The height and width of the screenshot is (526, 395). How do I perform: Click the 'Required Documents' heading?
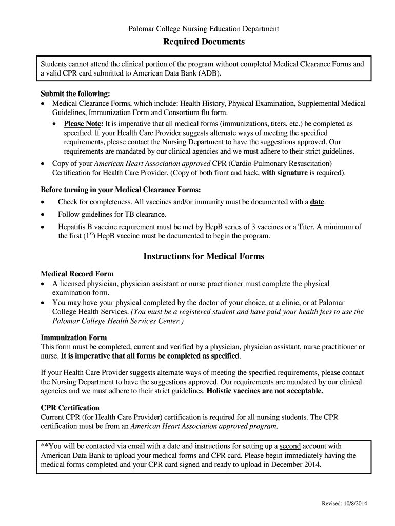click(204, 42)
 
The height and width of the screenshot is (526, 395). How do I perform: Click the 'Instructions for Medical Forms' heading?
click(204, 256)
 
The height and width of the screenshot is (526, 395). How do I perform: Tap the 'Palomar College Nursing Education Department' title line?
click(204, 29)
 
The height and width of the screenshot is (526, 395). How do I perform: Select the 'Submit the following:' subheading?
click(75, 94)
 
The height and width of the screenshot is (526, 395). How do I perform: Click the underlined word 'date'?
click(317, 202)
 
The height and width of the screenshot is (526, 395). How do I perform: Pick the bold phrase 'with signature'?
click(284, 173)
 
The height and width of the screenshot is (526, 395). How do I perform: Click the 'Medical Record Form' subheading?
click(77, 274)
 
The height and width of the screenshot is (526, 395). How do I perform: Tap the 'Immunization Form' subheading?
click(73, 337)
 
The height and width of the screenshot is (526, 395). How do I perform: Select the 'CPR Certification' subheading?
click(70, 408)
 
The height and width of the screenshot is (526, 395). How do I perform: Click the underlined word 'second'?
click(290, 446)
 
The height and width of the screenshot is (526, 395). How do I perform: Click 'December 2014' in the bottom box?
click(297, 464)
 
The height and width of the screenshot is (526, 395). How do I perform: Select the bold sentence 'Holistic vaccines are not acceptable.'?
click(265, 391)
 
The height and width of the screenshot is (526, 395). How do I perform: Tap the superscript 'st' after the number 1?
click(90, 234)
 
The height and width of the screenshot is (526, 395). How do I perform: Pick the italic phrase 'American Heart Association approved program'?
click(204, 426)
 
